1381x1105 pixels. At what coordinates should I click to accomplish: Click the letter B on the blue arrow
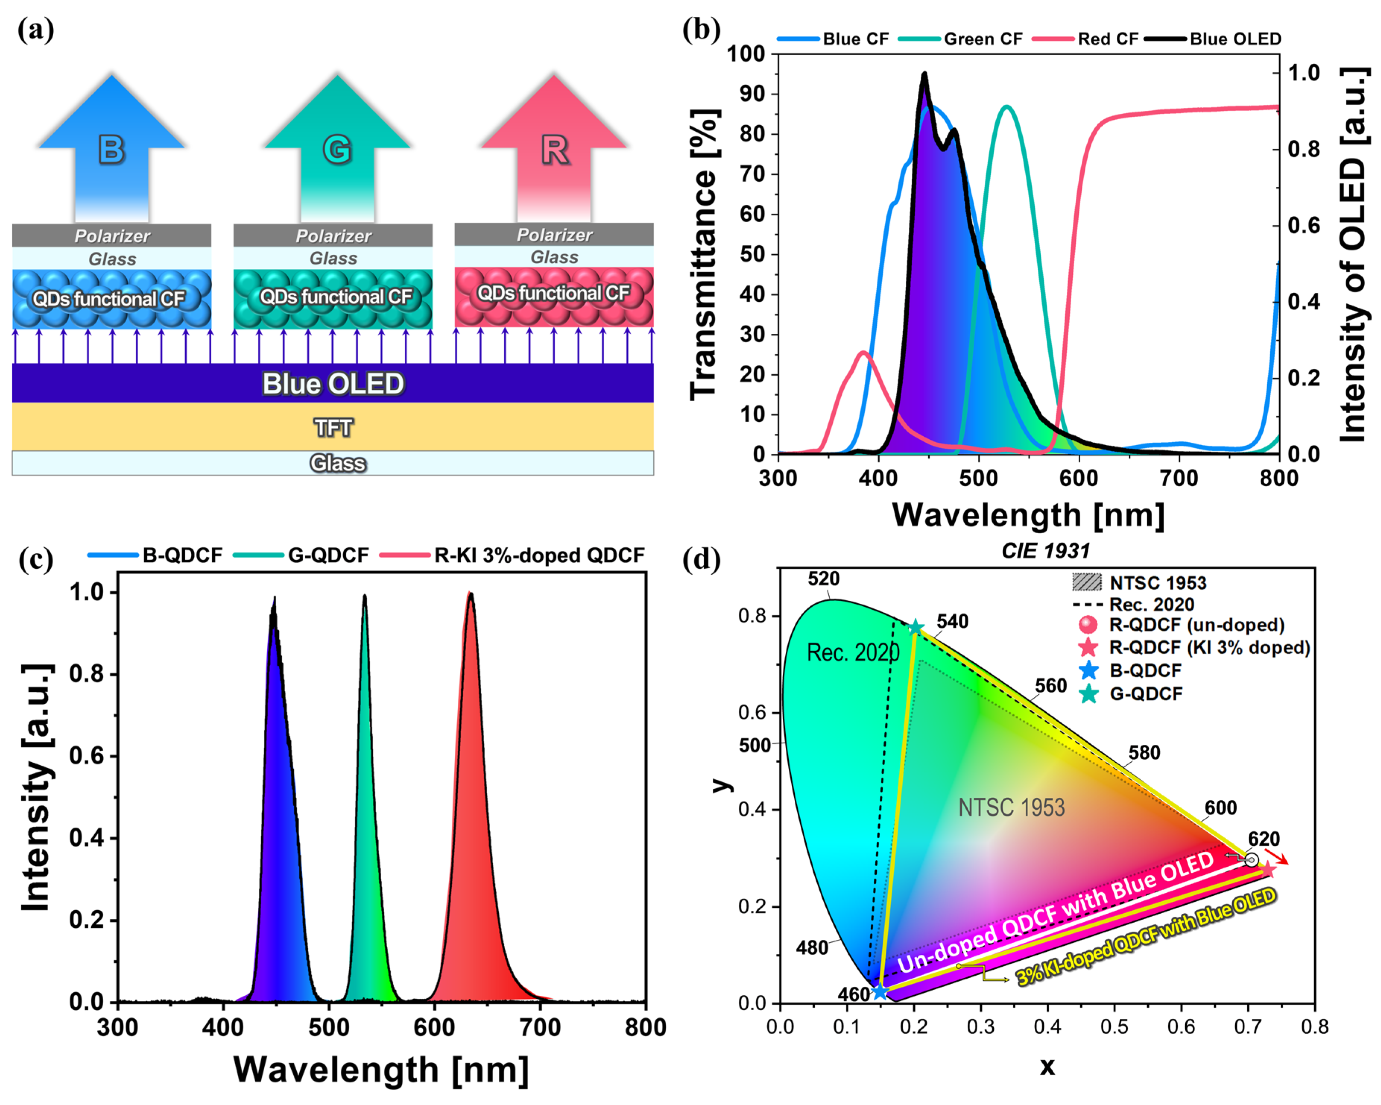click(111, 150)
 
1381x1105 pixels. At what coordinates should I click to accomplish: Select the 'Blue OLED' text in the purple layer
click(333, 384)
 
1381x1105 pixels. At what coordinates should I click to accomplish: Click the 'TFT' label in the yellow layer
click(333, 427)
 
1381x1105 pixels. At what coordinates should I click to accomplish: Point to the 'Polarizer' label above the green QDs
click(333, 236)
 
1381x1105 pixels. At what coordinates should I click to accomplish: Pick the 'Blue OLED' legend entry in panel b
click(1235, 39)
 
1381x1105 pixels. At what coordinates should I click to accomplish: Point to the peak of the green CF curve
click(1007, 107)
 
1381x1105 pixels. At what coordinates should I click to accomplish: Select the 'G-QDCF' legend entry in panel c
click(328, 555)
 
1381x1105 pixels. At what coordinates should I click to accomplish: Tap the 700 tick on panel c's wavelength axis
click(540, 1027)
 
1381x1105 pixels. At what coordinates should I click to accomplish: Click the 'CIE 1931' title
click(1046, 550)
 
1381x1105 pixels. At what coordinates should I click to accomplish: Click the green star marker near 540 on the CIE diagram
click(916, 628)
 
